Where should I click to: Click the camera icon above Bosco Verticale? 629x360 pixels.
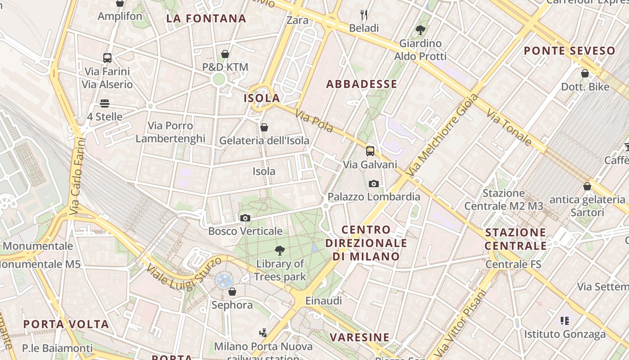coord(245,218)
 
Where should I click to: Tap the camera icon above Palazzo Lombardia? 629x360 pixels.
coord(373,184)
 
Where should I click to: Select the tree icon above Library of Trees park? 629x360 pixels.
coord(280,251)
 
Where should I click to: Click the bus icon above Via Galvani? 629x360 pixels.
coord(370,151)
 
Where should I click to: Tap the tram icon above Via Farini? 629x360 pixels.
coord(107,58)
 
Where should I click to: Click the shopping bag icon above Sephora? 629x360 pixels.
coord(232,292)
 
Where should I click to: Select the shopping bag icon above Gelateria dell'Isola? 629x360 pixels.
coord(264,127)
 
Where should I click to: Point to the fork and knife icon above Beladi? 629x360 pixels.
coord(364,15)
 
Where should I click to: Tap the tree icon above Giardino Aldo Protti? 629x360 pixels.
coord(421,30)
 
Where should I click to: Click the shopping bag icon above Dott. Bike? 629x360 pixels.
coord(585,73)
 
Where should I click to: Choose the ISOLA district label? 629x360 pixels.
coord(262,98)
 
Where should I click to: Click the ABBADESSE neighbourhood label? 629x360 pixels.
coord(362,84)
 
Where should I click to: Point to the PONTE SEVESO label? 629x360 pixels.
coord(569,51)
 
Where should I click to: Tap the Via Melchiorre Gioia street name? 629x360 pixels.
coord(442,135)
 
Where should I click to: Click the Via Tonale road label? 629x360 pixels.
coord(509,123)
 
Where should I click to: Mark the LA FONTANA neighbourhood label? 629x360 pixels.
coord(206,18)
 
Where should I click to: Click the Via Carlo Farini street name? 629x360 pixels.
coord(78,175)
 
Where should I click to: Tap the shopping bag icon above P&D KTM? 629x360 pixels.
coord(225,54)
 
